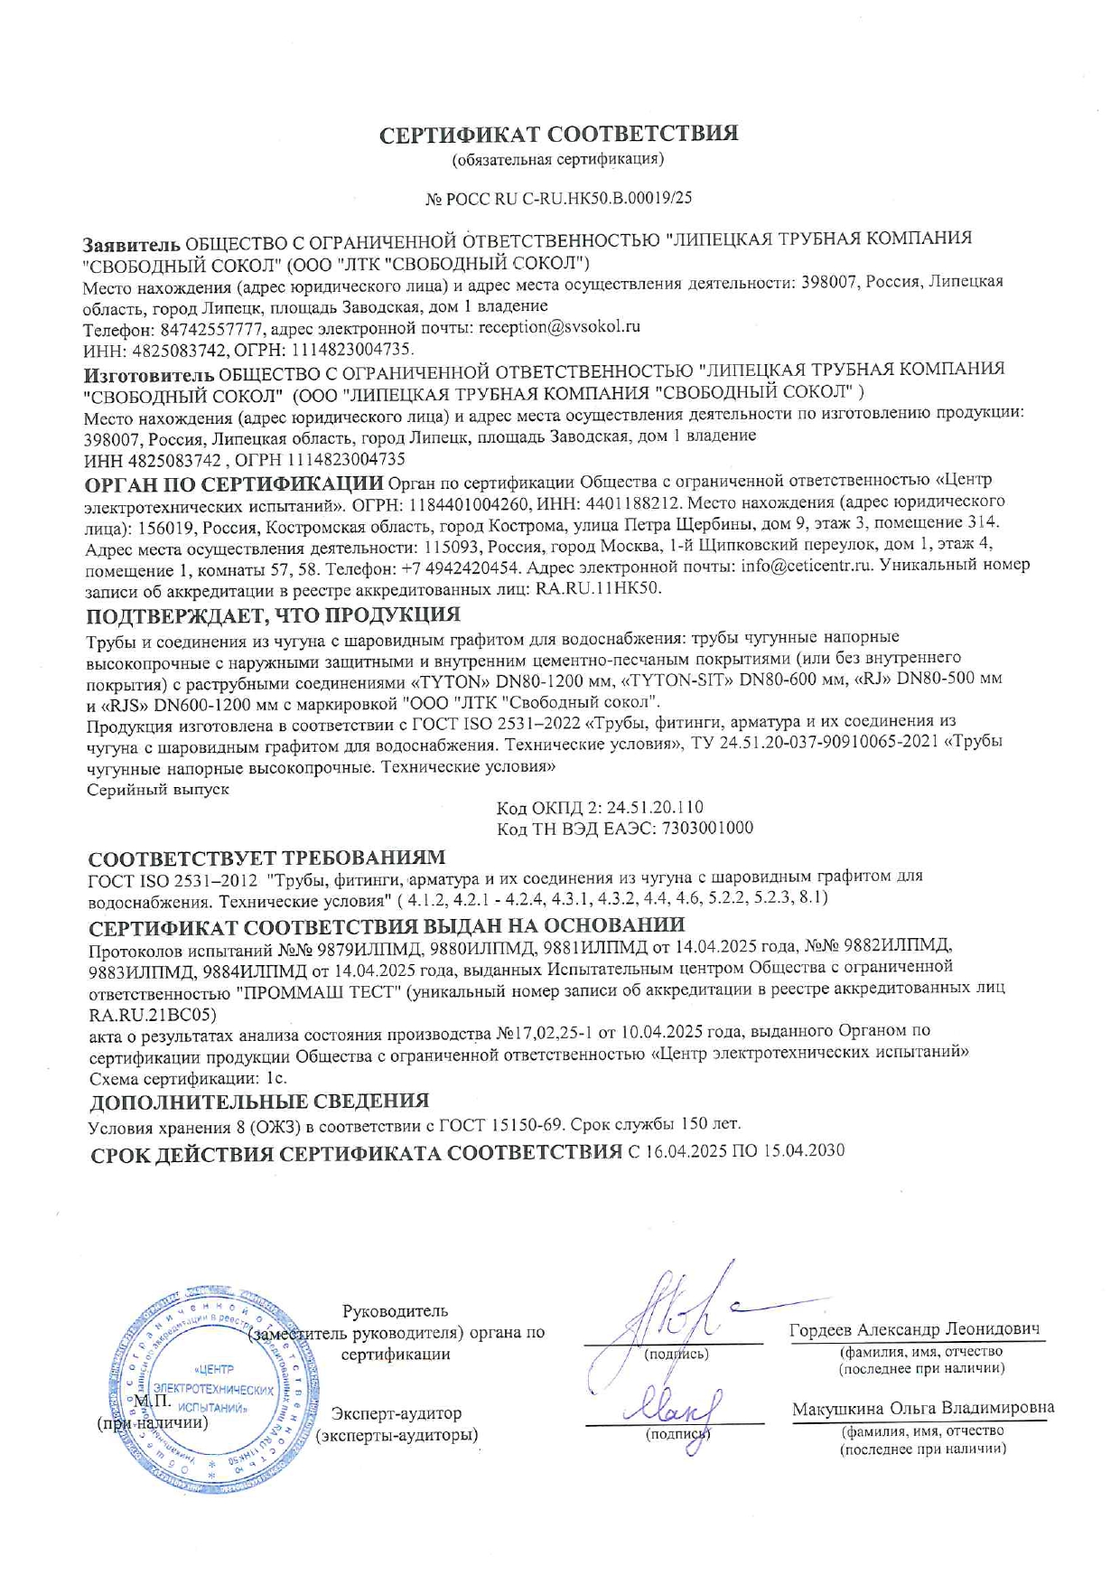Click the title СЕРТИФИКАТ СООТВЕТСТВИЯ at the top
click(558, 135)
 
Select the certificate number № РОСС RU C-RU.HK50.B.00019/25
click(558, 198)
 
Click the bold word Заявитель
click(132, 244)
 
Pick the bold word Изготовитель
click(149, 372)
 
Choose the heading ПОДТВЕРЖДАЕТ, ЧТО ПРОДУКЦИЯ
click(273, 616)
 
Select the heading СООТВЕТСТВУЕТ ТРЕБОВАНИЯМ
click(266, 857)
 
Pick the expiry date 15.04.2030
click(801, 1151)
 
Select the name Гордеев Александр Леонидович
click(914, 1329)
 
